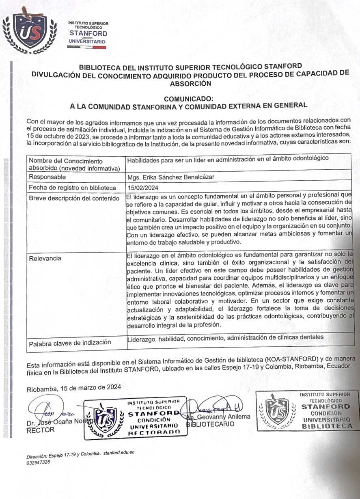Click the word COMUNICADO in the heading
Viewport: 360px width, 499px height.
188,98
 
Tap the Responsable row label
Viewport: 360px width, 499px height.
47,177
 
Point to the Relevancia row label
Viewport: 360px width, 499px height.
45,258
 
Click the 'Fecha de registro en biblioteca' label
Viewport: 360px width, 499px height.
72,188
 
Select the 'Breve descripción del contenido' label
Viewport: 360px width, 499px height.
74,198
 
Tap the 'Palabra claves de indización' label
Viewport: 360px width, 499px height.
70,343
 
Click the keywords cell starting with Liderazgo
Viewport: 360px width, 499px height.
225,337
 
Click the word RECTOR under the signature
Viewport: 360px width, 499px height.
40,430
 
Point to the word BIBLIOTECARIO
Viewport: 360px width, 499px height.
210,424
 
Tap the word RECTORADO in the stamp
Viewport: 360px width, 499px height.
154,433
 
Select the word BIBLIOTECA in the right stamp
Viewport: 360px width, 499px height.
327,426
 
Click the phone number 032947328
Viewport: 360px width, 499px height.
38,462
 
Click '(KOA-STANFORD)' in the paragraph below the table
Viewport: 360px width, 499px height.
285,359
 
